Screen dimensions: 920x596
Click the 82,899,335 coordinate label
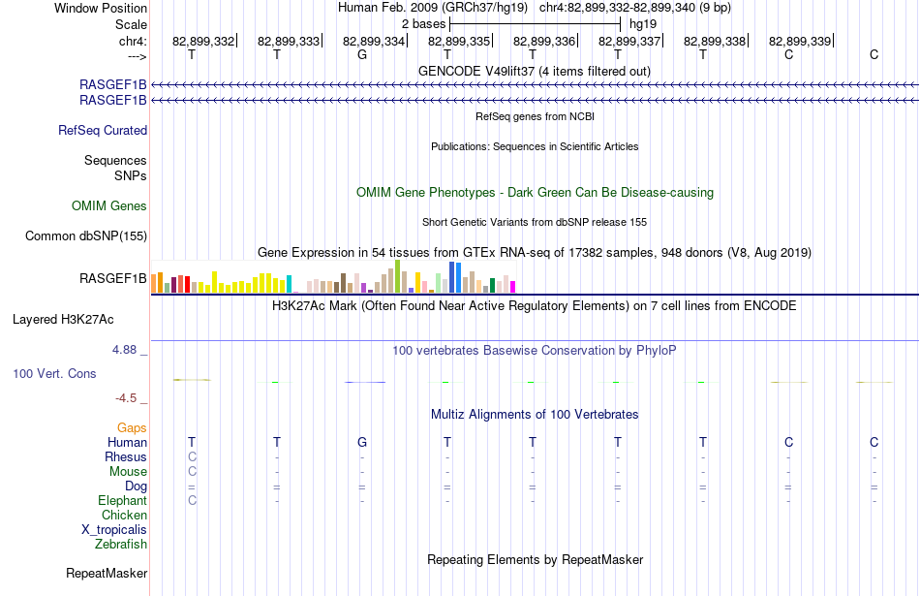459,41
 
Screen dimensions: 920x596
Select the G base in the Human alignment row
362,442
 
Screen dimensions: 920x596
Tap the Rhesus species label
126,456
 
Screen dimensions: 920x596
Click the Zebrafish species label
121,545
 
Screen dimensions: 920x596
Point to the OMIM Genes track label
109,206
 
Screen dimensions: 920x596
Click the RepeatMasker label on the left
107,574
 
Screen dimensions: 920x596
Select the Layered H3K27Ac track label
63,320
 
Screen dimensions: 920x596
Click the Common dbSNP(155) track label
86,236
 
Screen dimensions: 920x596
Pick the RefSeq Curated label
103,131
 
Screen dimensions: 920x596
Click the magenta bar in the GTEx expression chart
513,287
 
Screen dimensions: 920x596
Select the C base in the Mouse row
192,472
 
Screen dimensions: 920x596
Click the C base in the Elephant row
192,500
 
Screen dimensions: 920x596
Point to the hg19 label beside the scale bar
643,24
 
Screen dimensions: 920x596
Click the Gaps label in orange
132,428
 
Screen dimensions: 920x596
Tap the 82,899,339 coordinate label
800,41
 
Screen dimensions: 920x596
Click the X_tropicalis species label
114,530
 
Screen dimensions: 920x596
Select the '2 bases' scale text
423,24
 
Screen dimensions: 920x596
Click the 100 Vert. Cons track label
54,373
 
